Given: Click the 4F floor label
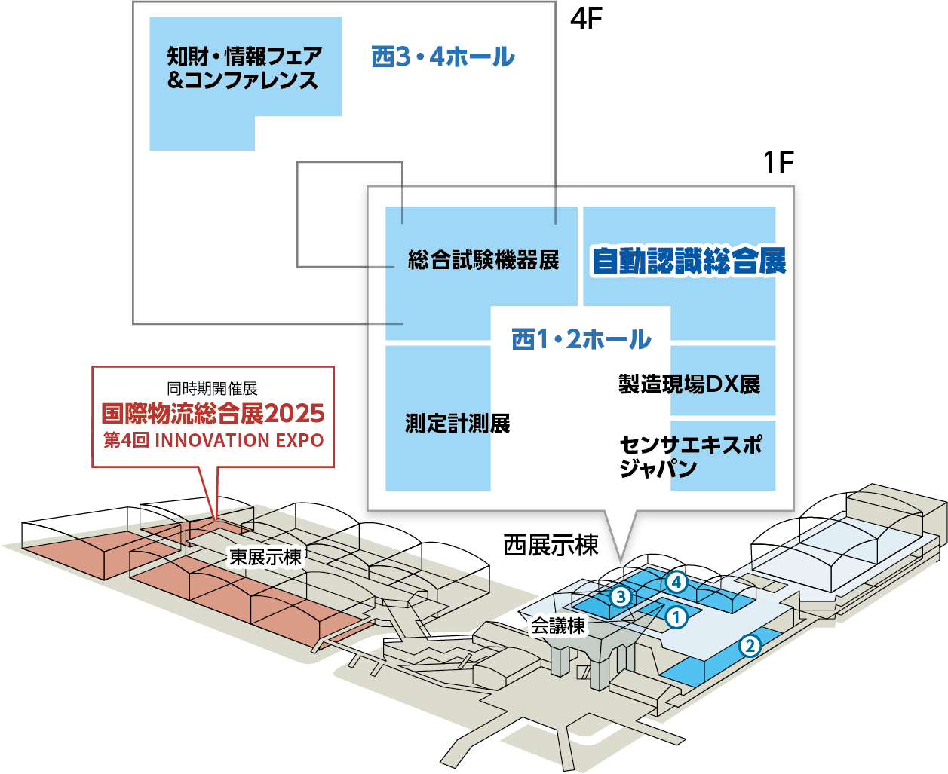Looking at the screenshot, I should click(586, 18).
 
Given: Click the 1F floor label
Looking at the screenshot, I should click(778, 162).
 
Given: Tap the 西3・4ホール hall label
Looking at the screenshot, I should click(443, 57).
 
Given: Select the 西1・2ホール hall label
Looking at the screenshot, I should click(581, 339).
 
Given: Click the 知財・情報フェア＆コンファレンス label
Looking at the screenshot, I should click(244, 68).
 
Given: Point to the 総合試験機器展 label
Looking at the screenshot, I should click(483, 260).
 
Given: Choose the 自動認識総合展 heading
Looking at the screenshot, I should click(688, 261).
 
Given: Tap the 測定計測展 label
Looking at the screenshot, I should click(457, 424).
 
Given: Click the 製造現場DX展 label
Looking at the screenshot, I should click(689, 384).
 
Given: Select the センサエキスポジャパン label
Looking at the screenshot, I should click(689, 456).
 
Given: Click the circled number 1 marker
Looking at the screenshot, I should click(676, 617).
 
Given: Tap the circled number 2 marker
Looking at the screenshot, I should click(749, 646).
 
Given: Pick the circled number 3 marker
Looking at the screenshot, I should click(620, 597).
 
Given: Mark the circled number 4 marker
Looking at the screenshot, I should click(676, 582).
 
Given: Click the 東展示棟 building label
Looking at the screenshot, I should click(265, 557).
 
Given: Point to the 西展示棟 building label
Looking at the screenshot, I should click(551, 545).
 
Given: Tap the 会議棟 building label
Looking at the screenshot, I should click(558, 626).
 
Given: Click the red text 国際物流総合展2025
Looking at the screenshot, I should click(213, 414).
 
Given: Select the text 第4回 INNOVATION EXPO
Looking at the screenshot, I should click(213, 440).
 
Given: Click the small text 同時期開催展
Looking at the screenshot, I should click(213, 389).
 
